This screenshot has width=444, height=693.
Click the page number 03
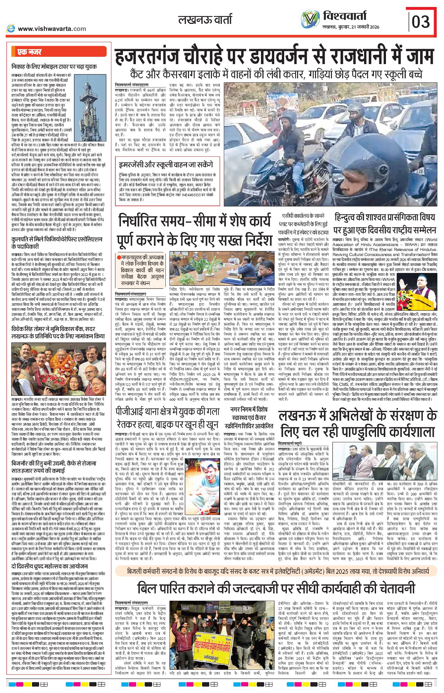pyautogui.click(x=421, y=22)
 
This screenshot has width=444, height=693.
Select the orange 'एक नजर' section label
pyautogui.click(x=30, y=52)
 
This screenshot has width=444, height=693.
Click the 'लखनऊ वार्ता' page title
pyautogui.click(x=205, y=20)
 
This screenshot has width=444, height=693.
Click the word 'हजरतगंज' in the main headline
pyautogui.click(x=156, y=57)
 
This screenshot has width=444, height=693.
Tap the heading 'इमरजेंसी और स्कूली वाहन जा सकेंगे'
pyautogui.click(x=166, y=165)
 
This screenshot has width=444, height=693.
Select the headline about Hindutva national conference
pyautogui.click(x=384, y=223)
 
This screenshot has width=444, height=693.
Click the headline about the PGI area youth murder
pyautogui.click(x=167, y=418)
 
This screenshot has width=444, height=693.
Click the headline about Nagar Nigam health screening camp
pyautogui.click(x=251, y=417)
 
